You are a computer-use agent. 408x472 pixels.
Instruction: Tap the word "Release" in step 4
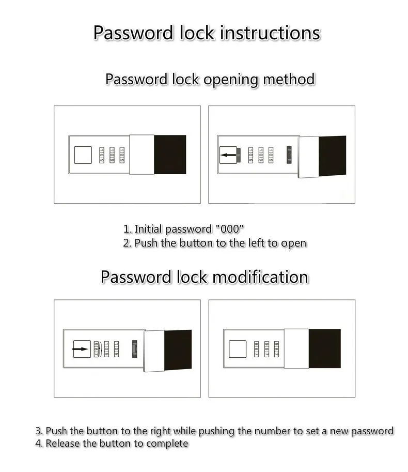pos(62,444)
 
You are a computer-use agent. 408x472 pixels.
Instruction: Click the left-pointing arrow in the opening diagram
pos(227,154)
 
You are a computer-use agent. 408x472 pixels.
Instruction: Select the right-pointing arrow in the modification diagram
pos(81,349)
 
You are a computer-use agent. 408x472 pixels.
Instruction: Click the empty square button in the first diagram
pos(83,155)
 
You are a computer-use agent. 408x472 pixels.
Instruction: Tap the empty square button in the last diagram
pos(238,349)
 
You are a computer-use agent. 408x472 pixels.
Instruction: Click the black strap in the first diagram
pos(170,154)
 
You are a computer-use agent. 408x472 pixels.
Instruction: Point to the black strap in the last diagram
pos(324,348)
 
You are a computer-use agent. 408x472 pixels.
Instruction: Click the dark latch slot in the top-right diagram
pos(289,154)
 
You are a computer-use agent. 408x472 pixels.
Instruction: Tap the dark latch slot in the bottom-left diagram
pos(135,349)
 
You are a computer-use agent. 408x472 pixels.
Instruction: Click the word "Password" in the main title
pos(134,33)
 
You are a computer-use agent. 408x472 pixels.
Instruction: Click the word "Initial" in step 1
pos(149,229)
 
